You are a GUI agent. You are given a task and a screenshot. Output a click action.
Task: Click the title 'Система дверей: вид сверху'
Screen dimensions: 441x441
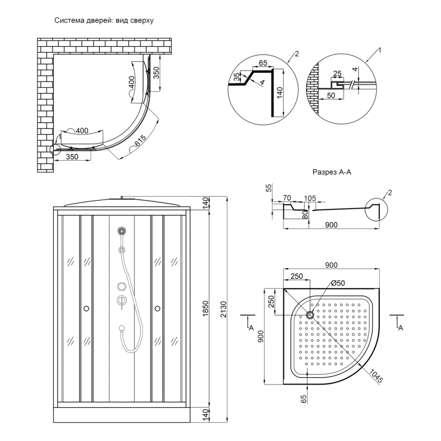[x=104, y=21]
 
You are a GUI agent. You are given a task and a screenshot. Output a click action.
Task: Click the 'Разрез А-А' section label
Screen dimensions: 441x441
[x=332, y=172]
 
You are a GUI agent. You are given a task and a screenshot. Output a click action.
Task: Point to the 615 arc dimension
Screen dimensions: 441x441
[x=140, y=142]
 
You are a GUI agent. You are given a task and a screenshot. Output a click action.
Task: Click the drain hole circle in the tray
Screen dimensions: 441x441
[x=310, y=315]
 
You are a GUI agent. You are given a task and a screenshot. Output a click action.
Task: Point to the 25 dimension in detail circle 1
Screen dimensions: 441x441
[x=337, y=73]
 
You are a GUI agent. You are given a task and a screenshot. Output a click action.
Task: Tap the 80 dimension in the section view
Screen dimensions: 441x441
[x=304, y=215]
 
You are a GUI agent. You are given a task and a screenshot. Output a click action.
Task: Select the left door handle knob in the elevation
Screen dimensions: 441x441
[x=86, y=308]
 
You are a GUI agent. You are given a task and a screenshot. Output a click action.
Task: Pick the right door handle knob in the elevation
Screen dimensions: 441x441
[x=157, y=308]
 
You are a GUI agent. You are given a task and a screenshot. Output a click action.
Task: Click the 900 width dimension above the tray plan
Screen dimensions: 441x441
[x=331, y=265]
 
